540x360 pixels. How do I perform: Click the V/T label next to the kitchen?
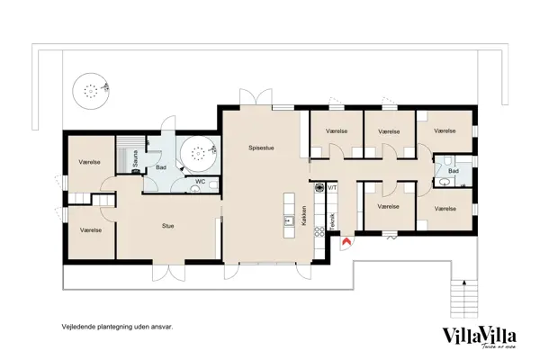click(332, 187)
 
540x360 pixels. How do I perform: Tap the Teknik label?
click(333, 221)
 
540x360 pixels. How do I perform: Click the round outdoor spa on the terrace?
click(91, 89)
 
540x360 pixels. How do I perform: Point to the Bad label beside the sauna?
click(161, 167)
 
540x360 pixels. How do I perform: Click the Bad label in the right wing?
click(454, 170)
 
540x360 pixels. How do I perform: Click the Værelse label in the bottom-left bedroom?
click(89, 229)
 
